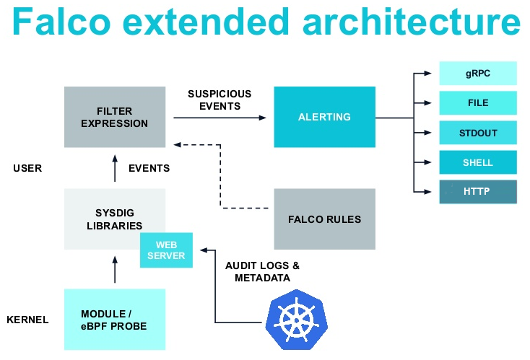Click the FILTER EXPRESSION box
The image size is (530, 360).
114,117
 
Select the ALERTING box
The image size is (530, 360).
324,117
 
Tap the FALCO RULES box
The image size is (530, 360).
324,219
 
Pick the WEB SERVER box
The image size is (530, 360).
167,250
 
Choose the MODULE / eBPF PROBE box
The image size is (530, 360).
114,320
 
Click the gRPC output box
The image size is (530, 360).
477,74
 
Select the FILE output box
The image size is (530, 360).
477,103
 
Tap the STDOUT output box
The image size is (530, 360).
477,133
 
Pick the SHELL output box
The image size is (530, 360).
477,162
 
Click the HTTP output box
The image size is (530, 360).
477,192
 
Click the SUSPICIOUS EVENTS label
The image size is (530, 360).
220,100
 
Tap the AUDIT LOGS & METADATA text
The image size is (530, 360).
262,271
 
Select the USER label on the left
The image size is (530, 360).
27,168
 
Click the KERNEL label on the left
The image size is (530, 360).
27,320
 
